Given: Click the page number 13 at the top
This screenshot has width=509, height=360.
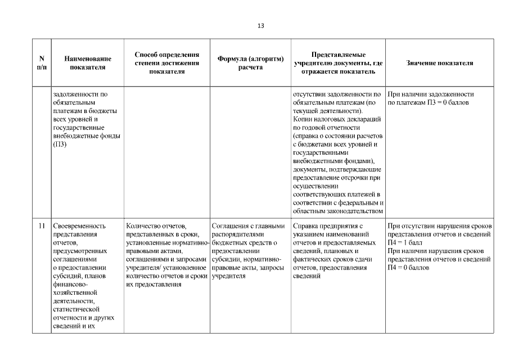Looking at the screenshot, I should click(260, 26).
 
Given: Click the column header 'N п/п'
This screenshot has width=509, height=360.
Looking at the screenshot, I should click(42, 62).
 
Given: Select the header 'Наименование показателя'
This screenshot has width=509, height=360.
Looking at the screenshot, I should click(87, 62).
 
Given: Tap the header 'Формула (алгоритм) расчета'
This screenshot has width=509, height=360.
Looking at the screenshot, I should click(250, 62).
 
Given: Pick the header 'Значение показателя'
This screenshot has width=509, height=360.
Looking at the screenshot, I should click(439, 63).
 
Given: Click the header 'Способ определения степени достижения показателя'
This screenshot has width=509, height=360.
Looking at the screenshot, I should click(167, 62).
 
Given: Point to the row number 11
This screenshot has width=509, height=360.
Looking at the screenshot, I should click(42, 226).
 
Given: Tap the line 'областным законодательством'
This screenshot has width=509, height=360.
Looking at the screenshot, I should click(338, 211).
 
